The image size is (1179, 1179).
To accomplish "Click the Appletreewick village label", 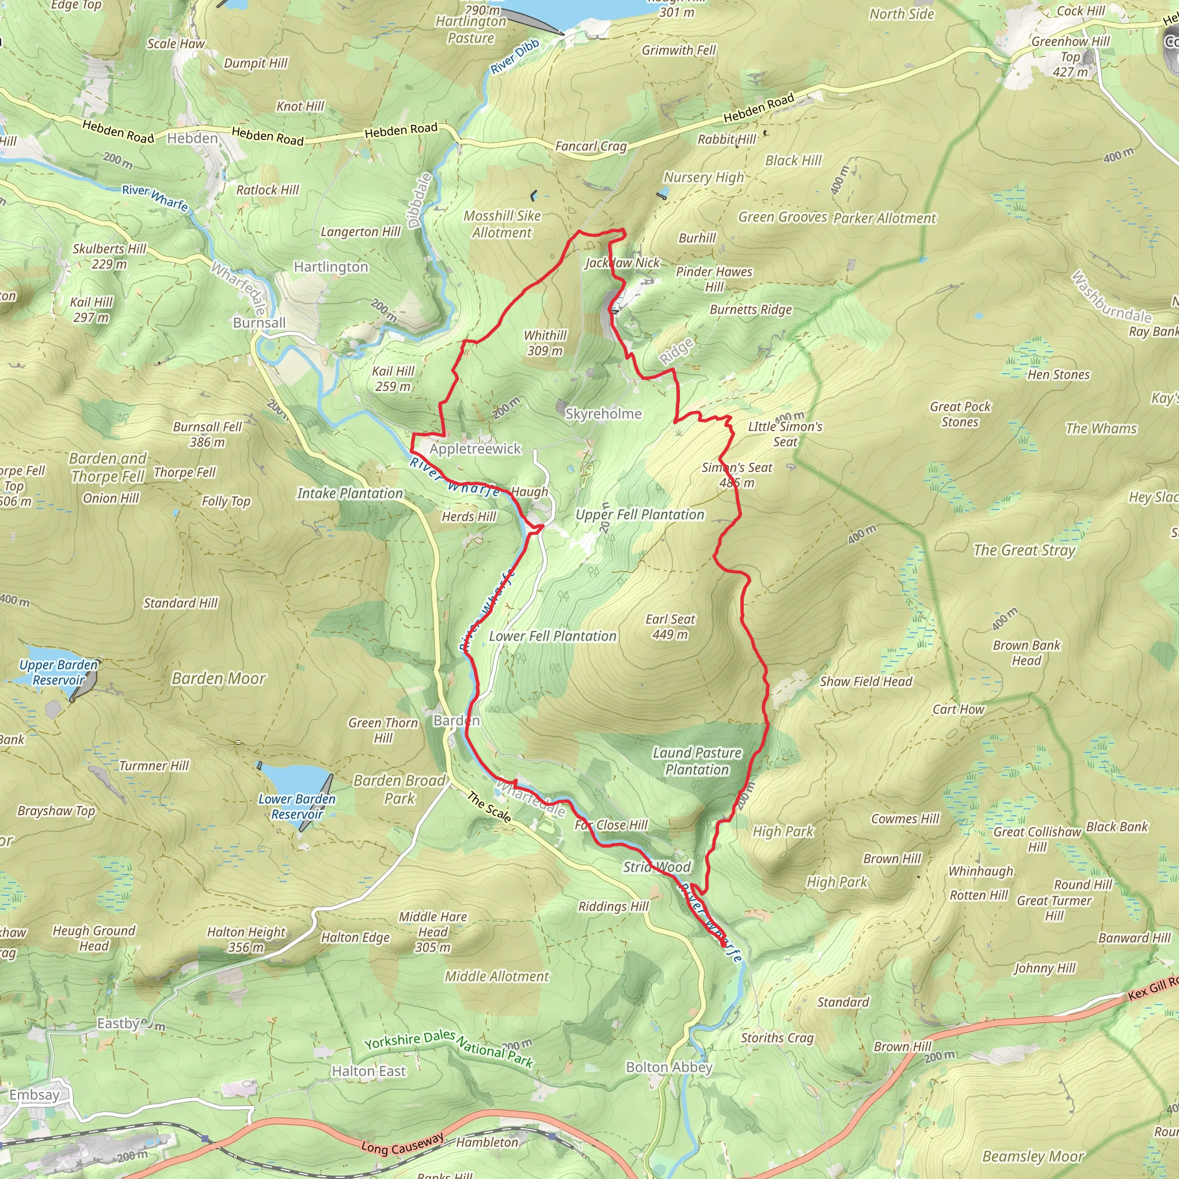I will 475,449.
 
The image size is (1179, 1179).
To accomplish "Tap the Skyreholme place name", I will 603,414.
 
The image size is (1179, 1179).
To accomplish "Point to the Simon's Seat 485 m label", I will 736,476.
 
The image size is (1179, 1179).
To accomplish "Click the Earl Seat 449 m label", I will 670,627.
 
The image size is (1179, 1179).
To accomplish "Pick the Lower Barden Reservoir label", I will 296,806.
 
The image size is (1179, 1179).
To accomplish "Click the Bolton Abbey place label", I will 669,1067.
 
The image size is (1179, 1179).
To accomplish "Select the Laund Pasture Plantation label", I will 697,761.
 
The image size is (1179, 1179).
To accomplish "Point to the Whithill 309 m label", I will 545,343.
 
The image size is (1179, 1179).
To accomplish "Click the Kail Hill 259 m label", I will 393,378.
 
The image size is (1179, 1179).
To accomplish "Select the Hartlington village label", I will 331,267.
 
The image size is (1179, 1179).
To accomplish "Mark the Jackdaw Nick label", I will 622,263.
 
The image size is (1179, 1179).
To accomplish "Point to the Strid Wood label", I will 657,867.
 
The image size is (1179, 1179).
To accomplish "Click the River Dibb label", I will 515,56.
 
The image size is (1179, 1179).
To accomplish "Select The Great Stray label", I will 1024,550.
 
